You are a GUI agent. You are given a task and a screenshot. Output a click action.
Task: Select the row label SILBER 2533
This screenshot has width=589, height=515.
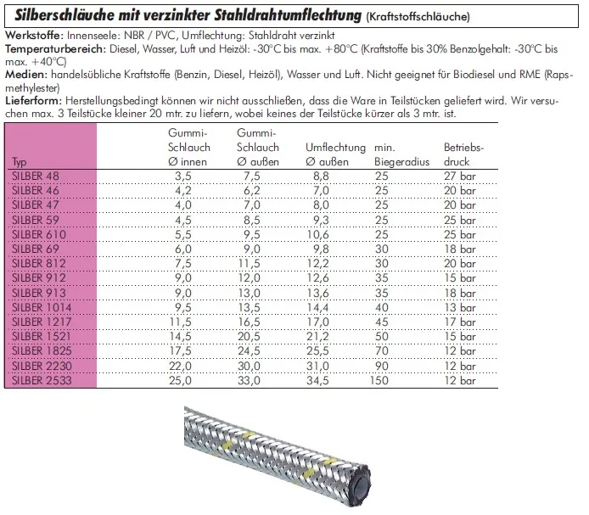36,383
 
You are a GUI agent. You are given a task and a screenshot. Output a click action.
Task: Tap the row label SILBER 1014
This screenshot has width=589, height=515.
36,309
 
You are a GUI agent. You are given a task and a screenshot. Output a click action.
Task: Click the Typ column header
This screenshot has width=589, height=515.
20,161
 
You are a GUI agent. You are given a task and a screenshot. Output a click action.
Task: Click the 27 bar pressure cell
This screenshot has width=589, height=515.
461,176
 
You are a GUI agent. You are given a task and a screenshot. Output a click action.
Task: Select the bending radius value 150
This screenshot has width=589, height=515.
382,383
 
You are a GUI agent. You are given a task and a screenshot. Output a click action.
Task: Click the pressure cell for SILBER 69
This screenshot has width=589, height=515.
461,249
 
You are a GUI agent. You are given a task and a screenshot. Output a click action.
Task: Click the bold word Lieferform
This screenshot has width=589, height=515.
31,100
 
